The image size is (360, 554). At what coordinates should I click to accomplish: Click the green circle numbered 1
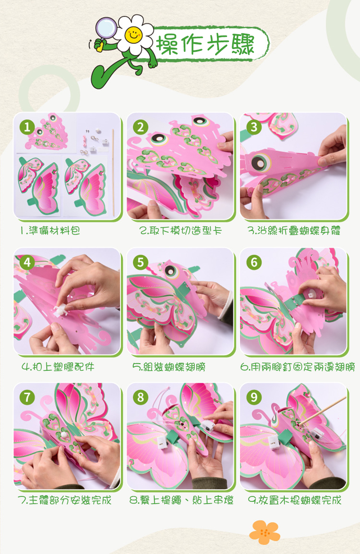click(27, 127)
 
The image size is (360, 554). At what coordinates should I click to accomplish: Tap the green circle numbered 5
click(140, 262)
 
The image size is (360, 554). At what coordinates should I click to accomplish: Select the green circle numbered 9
click(254, 397)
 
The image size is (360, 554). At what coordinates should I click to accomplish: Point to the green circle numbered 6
click(254, 262)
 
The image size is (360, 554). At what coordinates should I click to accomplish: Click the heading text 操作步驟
click(205, 45)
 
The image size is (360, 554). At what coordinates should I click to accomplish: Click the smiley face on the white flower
click(133, 34)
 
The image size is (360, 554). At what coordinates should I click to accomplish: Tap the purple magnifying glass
click(106, 29)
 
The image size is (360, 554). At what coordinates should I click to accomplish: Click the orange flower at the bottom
click(265, 532)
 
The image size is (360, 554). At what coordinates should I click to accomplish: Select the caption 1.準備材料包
click(50, 230)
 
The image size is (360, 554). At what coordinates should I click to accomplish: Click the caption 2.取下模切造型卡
click(180, 230)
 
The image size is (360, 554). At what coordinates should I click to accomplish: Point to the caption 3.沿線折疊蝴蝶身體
click(294, 230)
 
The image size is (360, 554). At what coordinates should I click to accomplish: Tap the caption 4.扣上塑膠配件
click(58, 367)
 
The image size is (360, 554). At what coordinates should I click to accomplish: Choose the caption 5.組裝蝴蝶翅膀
click(169, 367)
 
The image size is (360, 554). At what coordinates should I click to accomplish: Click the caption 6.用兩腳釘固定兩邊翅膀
click(298, 367)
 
